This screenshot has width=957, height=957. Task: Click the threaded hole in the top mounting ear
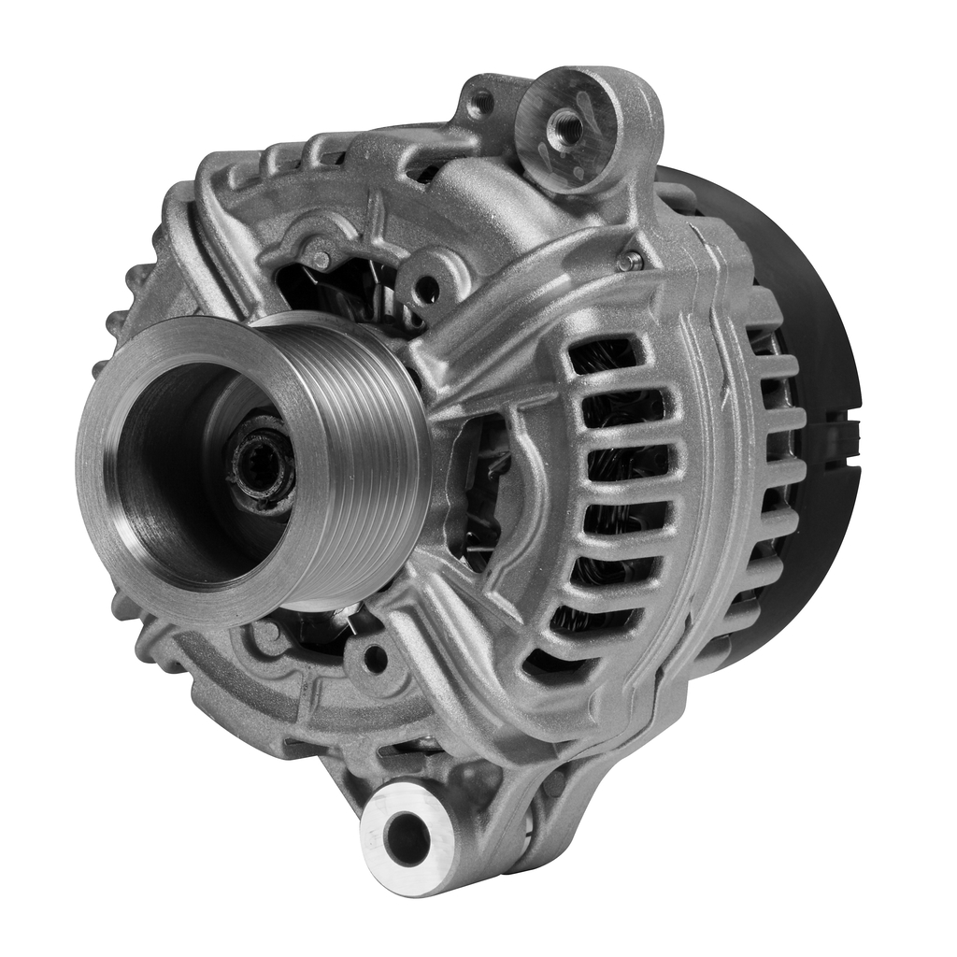[566, 125]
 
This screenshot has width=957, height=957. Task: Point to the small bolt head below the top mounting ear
[629, 263]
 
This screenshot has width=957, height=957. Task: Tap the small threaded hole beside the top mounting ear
[481, 102]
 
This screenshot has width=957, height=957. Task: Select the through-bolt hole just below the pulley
[376, 658]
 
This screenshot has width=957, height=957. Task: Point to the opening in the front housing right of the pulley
[477, 486]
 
